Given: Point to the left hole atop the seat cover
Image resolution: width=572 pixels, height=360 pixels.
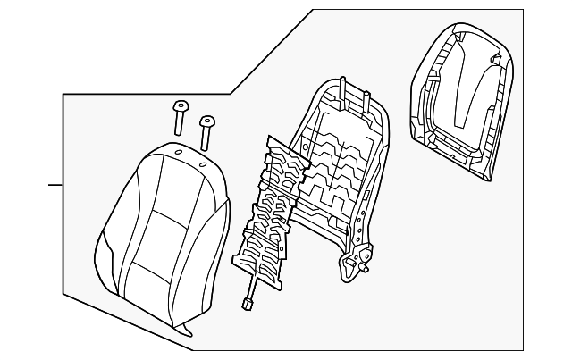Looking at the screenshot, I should [178, 155].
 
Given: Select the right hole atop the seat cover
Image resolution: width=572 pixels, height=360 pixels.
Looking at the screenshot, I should [203, 164].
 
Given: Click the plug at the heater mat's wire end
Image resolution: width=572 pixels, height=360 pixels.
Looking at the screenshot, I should [246, 305].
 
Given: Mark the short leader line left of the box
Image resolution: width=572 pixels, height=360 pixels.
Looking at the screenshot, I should [55, 185].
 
